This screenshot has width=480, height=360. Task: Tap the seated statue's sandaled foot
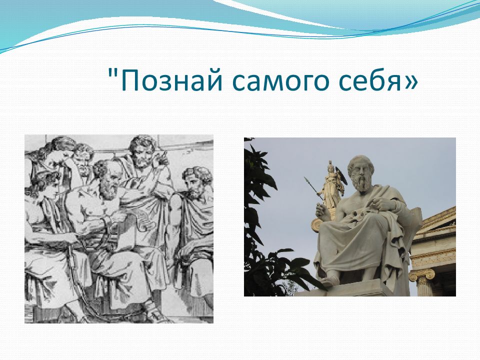click(x=329, y=280)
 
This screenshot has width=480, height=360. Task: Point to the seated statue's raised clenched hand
click(x=319, y=210)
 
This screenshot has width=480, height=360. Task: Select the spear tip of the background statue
click(x=306, y=180)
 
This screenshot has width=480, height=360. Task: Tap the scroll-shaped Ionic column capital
click(x=421, y=275)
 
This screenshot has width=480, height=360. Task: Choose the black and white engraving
click(x=119, y=229)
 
